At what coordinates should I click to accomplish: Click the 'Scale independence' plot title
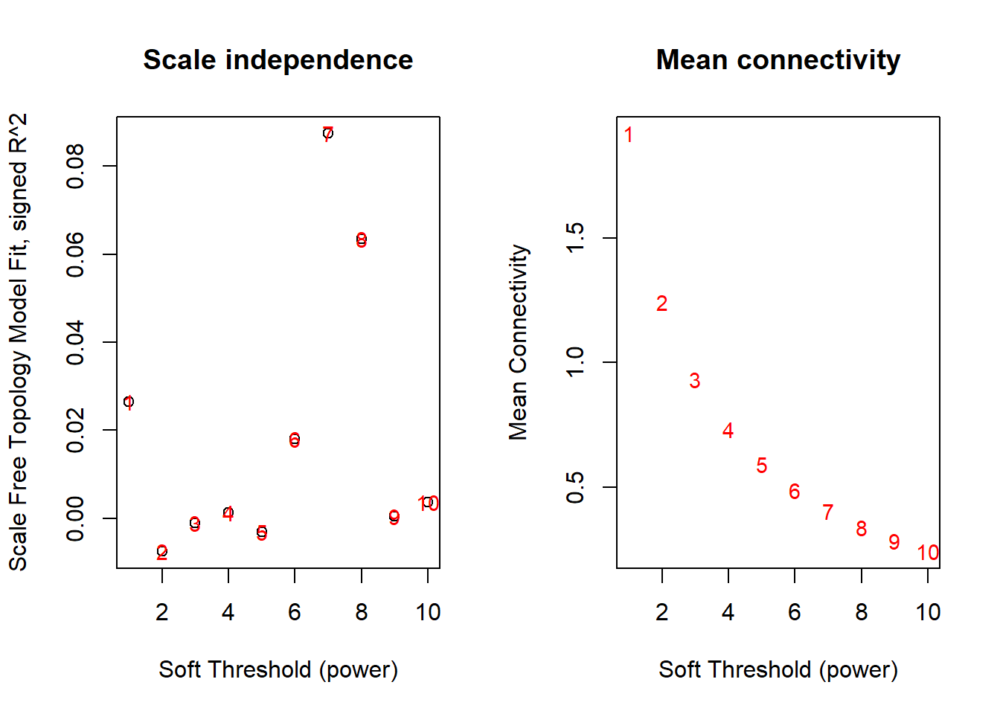click(x=278, y=60)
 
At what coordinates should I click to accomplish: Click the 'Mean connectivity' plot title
click(x=778, y=60)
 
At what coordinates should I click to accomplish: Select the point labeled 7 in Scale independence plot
click(x=327, y=134)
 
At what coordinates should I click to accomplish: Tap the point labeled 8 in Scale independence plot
click(x=361, y=239)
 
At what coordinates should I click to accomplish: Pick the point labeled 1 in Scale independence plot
click(x=129, y=402)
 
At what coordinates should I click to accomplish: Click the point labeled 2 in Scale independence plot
click(x=162, y=552)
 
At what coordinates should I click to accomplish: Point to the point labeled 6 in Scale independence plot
click(x=295, y=440)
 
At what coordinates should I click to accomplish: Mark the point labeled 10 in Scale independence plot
click(x=428, y=504)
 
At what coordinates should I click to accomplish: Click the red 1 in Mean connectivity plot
click(x=629, y=135)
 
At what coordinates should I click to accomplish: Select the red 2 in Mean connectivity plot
click(x=661, y=303)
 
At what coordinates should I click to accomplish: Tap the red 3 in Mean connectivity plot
click(x=695, y=381)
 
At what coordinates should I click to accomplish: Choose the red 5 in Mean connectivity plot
click(x=761, y=466)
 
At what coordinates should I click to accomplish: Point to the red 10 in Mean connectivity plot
click(x=928, y=553)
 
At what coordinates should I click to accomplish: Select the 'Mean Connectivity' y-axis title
click(x=518, y=342)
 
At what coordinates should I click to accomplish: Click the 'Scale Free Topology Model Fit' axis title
click(x=19, y=342)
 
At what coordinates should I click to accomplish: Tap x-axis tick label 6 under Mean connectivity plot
click(x=795, y=612)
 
